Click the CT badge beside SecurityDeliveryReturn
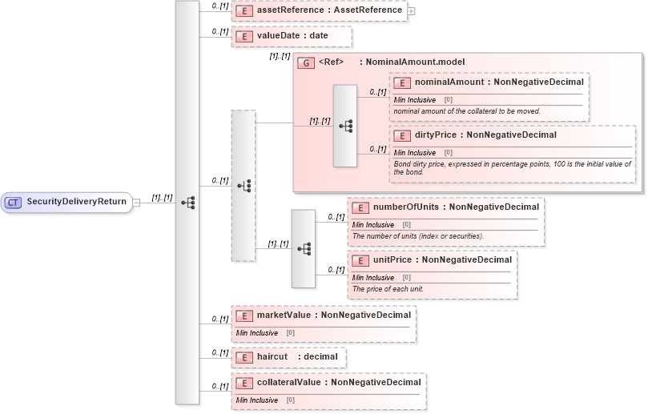click(13, 202)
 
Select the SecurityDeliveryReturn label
click(76, 202)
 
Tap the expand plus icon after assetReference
click(411, 11)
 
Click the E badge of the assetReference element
click(244, 11)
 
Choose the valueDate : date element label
click(292, 36)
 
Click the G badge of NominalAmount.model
click(304, 62)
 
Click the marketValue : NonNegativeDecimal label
click(333, 316)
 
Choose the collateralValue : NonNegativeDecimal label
click(338, 383)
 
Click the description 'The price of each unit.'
click(388, 288)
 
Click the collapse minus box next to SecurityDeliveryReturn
click(136, 203)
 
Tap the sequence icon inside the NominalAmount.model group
click(345, 126)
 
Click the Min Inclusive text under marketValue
click(256, 332)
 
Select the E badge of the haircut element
click(244, 356)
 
